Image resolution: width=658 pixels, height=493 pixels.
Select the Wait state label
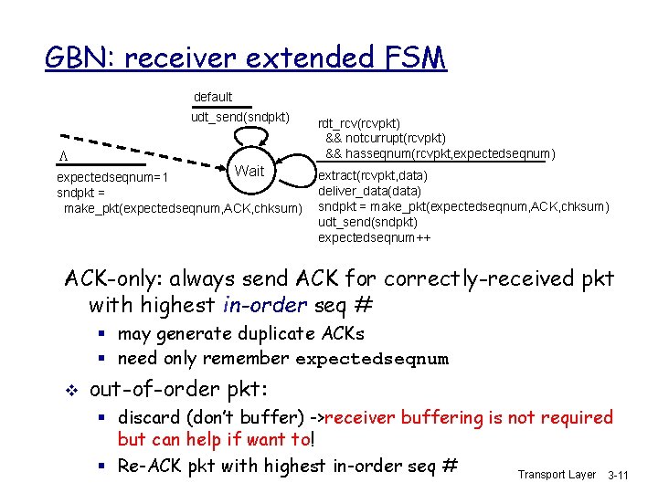tap(249, 172)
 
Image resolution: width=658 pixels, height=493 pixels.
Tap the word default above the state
tap(213, 97)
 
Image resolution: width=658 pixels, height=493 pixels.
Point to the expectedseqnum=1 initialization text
tap(114, 178)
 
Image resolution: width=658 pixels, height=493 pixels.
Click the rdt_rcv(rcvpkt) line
tap(358, 123)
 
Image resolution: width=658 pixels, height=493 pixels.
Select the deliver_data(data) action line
tap(369, 191)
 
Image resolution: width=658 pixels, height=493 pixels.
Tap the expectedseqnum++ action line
tap(375, 237)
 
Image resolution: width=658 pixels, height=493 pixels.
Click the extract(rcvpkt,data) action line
tap(372, 175)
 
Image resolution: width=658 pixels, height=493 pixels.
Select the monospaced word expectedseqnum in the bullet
tap(372, 359)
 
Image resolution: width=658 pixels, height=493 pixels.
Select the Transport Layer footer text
tap(557, 475)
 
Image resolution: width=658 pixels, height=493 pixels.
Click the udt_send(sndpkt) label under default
tap(240, 117)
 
